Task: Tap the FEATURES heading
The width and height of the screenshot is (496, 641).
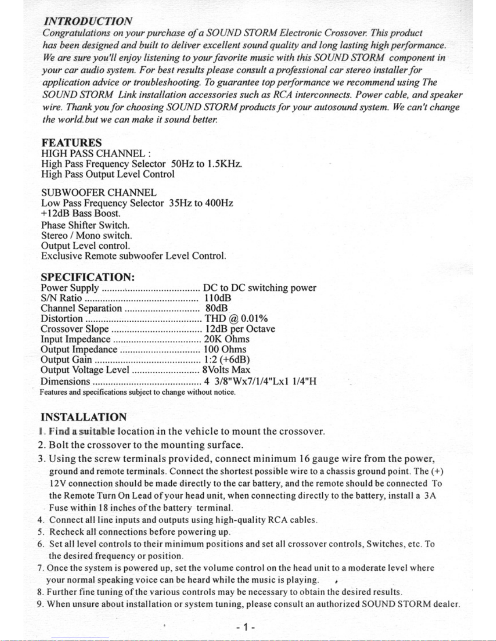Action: (x=71, y=143)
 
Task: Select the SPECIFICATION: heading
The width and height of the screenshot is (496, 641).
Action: (x=87, y=277)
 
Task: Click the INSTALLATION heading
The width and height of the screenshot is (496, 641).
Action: (x=83, y=417)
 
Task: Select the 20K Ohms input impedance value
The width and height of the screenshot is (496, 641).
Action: (x=226, y=339)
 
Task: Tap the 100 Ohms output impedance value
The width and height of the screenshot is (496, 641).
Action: (x=225, y=349)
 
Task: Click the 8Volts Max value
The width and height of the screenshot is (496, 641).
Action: (x=226, y=370)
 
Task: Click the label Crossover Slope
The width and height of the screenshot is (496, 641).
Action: (x=75, y=329)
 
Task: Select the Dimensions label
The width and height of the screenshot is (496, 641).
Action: (x=65, y=382)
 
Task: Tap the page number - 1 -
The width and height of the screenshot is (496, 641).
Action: (x=246, y=628)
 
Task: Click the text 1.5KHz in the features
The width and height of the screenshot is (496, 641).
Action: (x=224, y=164)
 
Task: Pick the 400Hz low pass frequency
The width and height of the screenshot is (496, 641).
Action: (x=219, y=203)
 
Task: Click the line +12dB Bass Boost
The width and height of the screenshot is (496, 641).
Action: (x=81, y=213)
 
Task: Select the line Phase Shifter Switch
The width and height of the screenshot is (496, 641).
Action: (x=85, y=225)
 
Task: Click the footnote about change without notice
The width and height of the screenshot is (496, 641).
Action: (x=137, y=392)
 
